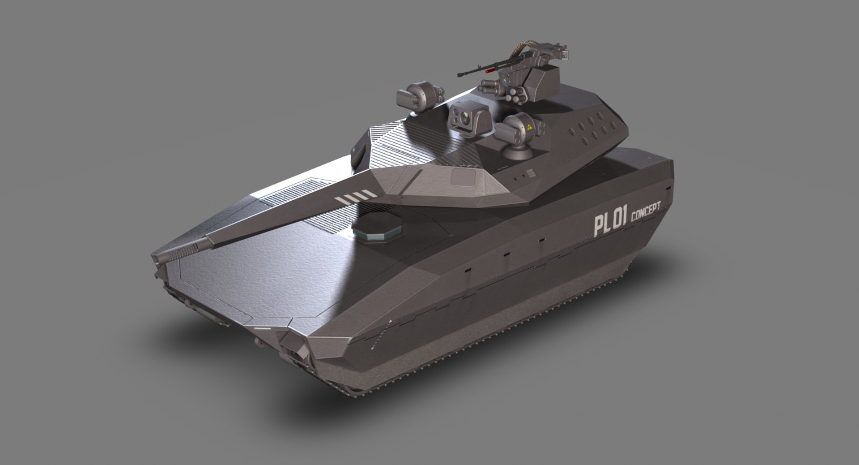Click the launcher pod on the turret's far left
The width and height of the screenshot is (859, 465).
click(415, 95)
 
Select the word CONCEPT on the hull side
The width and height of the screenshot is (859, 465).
click(645, 212)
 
